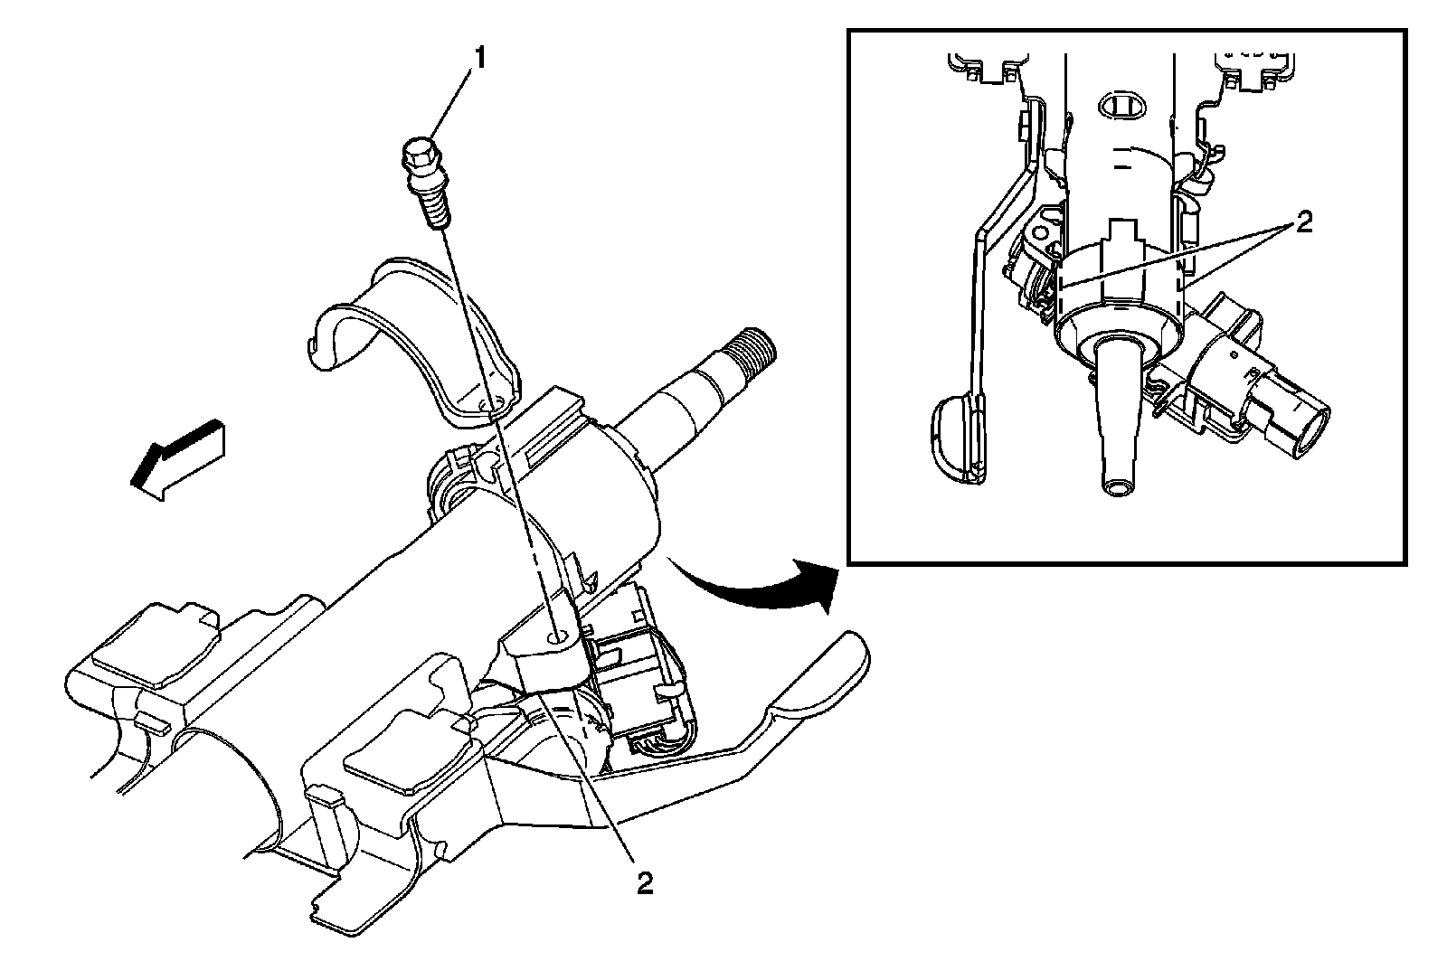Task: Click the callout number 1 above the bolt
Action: point(479,59)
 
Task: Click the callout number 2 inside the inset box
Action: point(1303,222)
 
